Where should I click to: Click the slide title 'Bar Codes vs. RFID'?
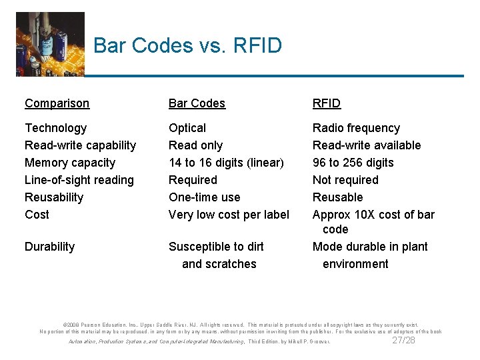coord(187,45)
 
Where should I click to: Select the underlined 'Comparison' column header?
coord(57,103)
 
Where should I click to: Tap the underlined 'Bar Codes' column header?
coord(197,103)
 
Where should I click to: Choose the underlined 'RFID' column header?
coord(327,103)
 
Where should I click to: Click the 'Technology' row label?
coord(55,128)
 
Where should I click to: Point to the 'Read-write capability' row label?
coord(80,145)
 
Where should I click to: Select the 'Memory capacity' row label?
coord(70,163)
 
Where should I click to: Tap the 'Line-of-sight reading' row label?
coord(79,180)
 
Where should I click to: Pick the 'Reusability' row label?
coord(54,197)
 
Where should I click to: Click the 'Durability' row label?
coord(50,247)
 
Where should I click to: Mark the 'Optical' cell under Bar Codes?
coord(187,128)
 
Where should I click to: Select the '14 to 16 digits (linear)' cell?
coord(226,163)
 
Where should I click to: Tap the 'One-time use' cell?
coord(204,197)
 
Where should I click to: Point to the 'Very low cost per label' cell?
coord(229,215)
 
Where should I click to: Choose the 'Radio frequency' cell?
coord(356,128)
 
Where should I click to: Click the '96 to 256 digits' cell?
coord(353,163)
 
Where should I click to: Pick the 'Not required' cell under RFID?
coord(345,180)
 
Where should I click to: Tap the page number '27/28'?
coord(403,340)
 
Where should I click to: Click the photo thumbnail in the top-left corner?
coord(50,43)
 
